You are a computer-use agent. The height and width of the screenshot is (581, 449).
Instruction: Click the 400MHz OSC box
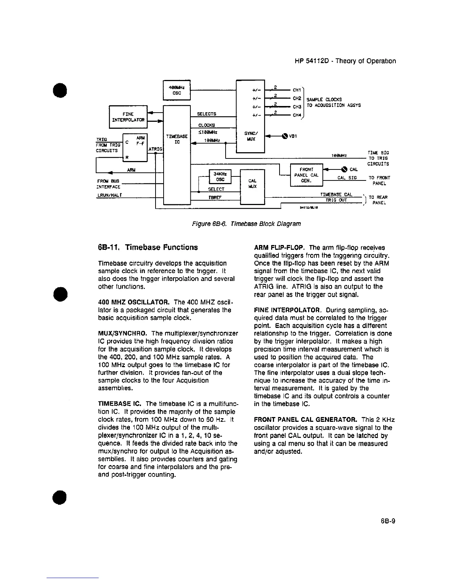pyautogui.click(x=176, y=90)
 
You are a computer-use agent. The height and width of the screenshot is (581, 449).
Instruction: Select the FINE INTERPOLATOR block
pyautogui.click(x=128, y=117)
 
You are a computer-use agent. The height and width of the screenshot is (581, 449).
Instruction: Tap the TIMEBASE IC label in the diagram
pyautogui.click(x=177, y=139)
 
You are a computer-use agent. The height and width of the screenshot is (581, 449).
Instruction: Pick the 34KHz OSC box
pyautogui.click(x=220, y=177)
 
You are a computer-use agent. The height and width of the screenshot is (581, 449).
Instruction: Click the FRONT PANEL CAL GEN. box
pyautogui.click(x=306, y=175)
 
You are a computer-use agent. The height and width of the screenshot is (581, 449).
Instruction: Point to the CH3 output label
pyautogui.click(x=297, y=107)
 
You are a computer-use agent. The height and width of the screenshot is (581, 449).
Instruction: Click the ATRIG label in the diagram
pyautogui.click(x=155, y=149)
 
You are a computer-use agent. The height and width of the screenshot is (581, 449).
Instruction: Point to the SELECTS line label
pyautogui.click(x=207, y=114)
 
